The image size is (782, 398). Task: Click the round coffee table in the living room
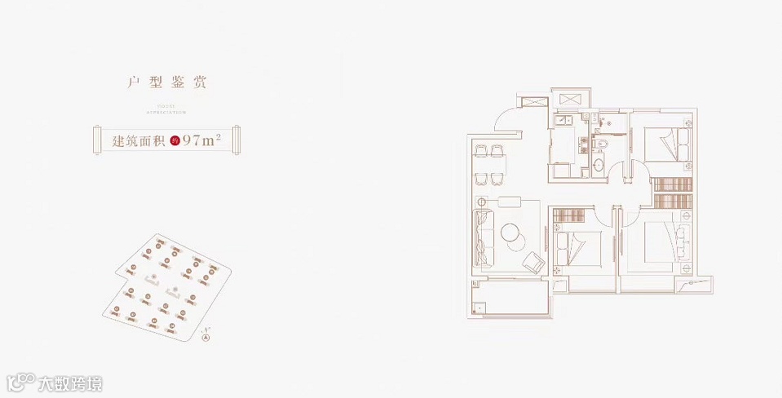513,232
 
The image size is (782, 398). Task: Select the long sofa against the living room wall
483,237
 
